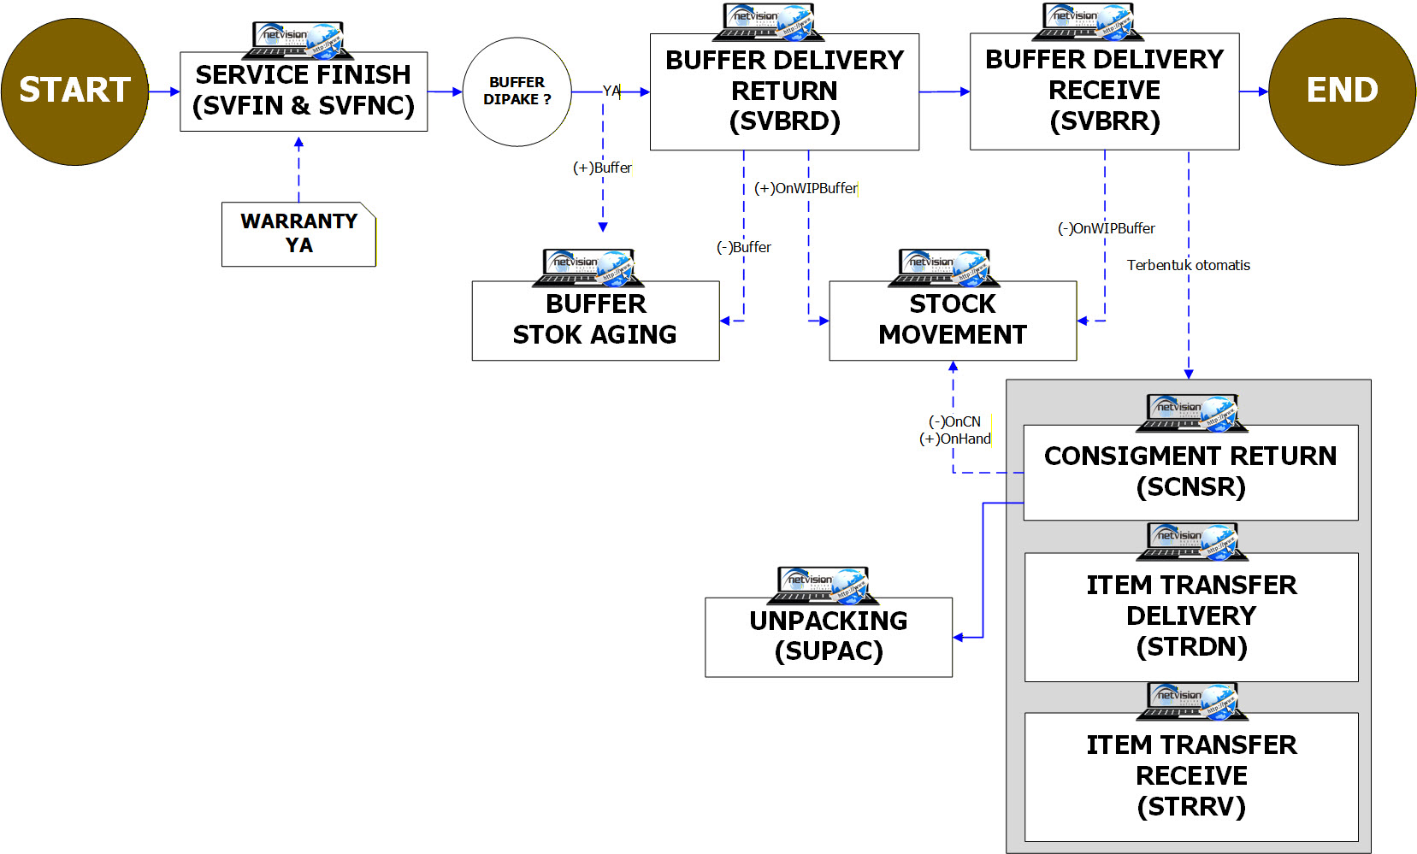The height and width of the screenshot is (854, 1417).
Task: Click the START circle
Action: [74, 91]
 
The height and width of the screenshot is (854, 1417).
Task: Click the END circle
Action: [1342, 91]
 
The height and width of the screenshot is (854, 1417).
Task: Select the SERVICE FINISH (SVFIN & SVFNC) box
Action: [304, 91]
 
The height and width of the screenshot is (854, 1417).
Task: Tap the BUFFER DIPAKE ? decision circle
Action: [517, 91]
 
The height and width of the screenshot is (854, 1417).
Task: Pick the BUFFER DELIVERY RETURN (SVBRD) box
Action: [784, 91]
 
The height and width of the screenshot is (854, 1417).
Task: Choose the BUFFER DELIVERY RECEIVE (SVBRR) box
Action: [1104, 91]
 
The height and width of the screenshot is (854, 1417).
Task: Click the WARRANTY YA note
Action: [298, 234]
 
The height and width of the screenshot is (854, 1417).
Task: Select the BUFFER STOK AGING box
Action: [595, 321]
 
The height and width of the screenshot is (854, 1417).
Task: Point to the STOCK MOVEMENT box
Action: [953, 321]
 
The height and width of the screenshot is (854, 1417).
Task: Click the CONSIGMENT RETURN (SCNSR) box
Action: [1190, 472]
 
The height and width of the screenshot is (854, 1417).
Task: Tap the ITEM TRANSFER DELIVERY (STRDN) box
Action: [1191, 616]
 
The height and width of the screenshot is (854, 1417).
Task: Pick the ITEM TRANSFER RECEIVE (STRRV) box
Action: [1191, 776]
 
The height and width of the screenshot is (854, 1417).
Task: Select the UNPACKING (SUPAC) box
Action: [829, 637]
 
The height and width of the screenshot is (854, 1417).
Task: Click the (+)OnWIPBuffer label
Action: [806, 188]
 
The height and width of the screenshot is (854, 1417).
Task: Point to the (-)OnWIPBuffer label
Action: [1106, 228]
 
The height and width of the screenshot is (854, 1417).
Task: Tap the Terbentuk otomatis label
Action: [1188, 265]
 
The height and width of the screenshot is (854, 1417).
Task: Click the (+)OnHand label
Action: [955, 439]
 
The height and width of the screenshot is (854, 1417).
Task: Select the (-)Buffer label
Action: [743, 247]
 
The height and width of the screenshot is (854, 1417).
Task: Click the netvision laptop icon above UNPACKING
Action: [823, 584]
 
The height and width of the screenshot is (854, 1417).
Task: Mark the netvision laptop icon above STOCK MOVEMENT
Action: [944, 267]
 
